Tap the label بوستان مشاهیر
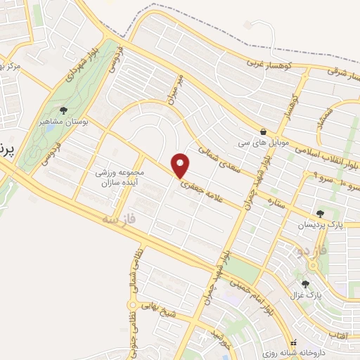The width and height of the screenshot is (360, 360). tap(65, 122)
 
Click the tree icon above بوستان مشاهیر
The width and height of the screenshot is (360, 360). tap(64, 110)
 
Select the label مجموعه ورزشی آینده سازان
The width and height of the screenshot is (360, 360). tap(120, 177)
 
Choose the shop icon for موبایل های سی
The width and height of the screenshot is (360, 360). tap(263, 131)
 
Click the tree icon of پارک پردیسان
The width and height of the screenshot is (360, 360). tap(320, 214)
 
